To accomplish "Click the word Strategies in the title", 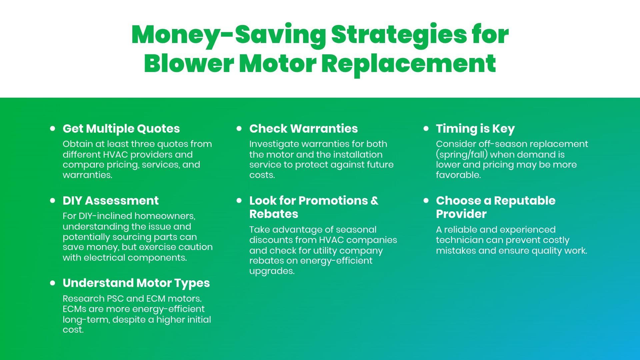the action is tap(399, 35).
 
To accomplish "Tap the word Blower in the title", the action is tap(189, 63).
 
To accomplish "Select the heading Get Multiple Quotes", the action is tap(121, 129).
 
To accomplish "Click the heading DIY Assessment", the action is tap(111, 201).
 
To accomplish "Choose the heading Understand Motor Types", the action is tap(136, 283).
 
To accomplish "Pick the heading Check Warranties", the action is tap(304, 129).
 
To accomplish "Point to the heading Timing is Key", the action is tap(475, 129).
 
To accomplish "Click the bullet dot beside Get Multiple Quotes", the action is tap(53, 128).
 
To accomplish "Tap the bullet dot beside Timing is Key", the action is tap(426, 128).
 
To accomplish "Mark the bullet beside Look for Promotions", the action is tap(239, 200).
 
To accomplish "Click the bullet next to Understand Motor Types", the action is tap(53, 283).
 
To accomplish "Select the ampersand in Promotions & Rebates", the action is tap(375, 201).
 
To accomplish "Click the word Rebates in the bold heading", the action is tap(274, 214).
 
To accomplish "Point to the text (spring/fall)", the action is tap(462, 155).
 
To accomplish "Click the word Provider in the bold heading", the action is tap(461, 214).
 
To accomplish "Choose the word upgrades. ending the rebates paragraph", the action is tap(272, 271).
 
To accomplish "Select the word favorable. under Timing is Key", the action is tap(458, 175).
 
